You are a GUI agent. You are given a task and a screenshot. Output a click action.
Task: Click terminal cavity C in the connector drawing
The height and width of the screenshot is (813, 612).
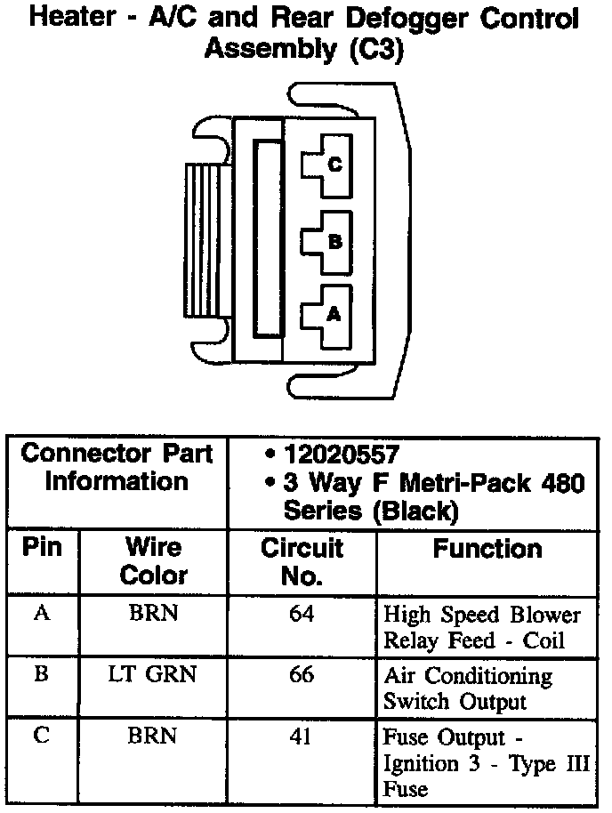pyautogui.click(x=326, y=165)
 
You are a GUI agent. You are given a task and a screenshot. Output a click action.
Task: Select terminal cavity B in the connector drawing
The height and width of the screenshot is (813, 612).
pyautogui.click(x=326, y=240)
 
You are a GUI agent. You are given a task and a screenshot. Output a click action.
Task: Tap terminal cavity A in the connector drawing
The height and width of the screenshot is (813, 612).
pyautogui.click(x=326, y=313)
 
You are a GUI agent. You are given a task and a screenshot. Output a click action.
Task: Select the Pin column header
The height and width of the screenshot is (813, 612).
pyautogui.click(x=43, y=547)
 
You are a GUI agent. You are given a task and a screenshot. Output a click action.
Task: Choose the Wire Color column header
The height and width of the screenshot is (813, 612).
pyautogui.click(x=153, y=560)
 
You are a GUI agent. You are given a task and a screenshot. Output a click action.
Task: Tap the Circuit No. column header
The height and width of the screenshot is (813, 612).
pyautogui.click(x=302, y=561)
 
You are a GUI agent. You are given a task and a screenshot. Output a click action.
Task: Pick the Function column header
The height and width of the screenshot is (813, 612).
pyautogui.click(x=487, y=549)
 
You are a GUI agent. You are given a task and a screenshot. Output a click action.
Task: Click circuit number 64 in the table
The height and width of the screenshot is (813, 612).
pyautogui.click(x=302, y=615)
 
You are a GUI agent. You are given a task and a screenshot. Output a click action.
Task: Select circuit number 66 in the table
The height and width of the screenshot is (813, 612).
pyautogui.click(x=302, y=675)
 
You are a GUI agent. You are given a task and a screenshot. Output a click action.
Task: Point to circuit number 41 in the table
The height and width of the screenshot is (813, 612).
pyautogui.click(x=302, y=737)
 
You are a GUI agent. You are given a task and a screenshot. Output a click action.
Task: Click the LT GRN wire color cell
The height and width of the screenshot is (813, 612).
pyautogui.click(x=153, y=675)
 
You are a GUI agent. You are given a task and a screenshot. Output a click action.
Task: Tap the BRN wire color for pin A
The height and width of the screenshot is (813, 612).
pyautogui.click(x=153, y=615)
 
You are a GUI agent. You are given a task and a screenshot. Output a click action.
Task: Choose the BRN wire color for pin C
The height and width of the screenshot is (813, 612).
pyautogui.click(x=153, y=737)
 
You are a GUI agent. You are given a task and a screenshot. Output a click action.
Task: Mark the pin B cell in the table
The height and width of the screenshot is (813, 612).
pyautogui.click(x=42, y=675)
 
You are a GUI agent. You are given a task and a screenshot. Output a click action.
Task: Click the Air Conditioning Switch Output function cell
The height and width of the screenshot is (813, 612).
pyautogui.click(x=467, y=688)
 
